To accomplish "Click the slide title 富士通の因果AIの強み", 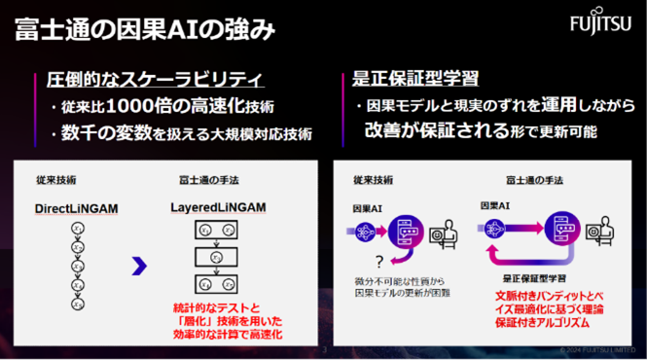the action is tap(145, 30).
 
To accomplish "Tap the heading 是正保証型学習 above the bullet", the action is tap(409, 79).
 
